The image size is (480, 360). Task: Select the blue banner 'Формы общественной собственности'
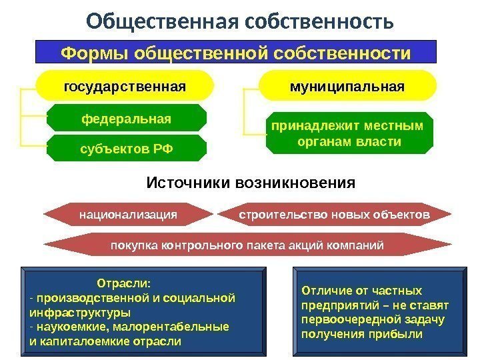(x=235, y=51)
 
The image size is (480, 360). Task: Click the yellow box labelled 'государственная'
(x=125, y=87)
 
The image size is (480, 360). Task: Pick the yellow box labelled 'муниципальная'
(x=347, y=87)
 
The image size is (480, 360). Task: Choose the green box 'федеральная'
(x=127, y=119)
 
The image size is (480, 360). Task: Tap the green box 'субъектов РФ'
(x=127, y=148)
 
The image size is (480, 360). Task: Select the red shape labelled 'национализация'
(x=128, y=215)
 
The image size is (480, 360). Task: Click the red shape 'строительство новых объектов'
(x=334, y=215)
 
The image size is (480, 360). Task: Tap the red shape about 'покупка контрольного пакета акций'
(x=247, y=245)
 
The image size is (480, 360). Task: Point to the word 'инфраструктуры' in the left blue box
(x=80, y=312)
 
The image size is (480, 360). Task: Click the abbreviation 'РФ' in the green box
(x=163, y=148)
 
